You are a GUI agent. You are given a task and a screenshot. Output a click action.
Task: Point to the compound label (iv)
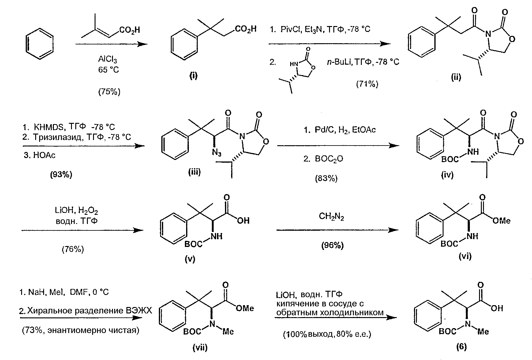coord(447,175)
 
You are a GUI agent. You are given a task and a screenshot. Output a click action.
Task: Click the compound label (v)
coord(190,259)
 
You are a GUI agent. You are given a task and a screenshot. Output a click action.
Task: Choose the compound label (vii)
coord(200,347)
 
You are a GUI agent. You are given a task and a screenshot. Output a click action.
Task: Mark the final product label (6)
coord(461,347)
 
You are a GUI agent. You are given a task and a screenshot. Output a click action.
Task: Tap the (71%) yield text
coord(367,84)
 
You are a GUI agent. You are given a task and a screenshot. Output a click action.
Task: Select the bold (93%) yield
coord(61,175)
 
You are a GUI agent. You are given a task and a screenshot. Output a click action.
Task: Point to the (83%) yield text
coord(326,178)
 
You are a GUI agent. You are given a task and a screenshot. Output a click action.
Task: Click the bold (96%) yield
coord(332,245)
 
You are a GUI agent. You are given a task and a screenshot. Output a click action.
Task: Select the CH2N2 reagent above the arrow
coord(332,217)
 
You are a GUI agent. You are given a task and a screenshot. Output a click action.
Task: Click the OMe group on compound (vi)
coord(501,221)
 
